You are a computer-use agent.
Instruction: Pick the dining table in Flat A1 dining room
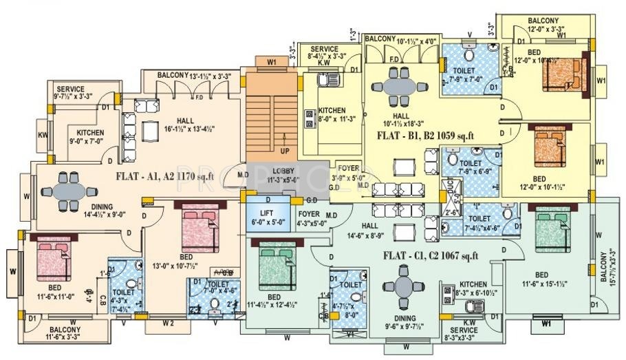tap(72, 190)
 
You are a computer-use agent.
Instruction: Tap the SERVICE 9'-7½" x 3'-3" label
tap(71, 93)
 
